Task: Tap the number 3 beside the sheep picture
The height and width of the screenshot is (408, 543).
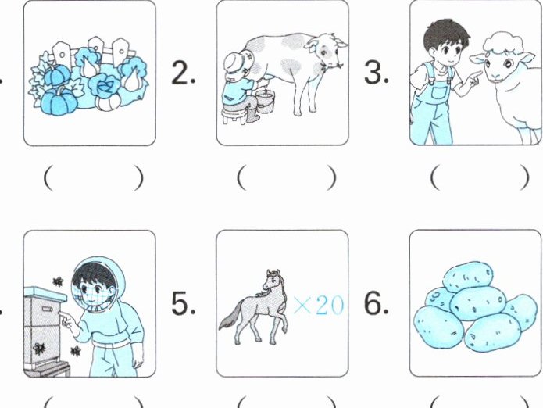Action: point(375,73)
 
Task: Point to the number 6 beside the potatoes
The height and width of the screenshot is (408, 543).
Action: point(375,303)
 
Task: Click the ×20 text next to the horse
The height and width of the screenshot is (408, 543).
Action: point(319,305)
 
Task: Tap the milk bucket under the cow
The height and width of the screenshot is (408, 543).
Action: point(266,101)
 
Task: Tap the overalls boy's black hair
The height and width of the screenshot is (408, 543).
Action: point(446,34)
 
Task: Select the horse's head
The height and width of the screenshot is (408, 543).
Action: point(273,280)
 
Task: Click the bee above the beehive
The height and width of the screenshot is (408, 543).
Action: point(58,281)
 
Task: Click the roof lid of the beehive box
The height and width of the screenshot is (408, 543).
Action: point(45,293)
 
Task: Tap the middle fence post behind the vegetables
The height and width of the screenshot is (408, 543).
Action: point(95,47)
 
